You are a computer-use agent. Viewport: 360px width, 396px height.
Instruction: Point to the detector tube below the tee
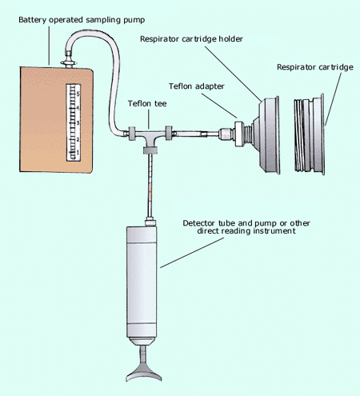click(x=150, y=184)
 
